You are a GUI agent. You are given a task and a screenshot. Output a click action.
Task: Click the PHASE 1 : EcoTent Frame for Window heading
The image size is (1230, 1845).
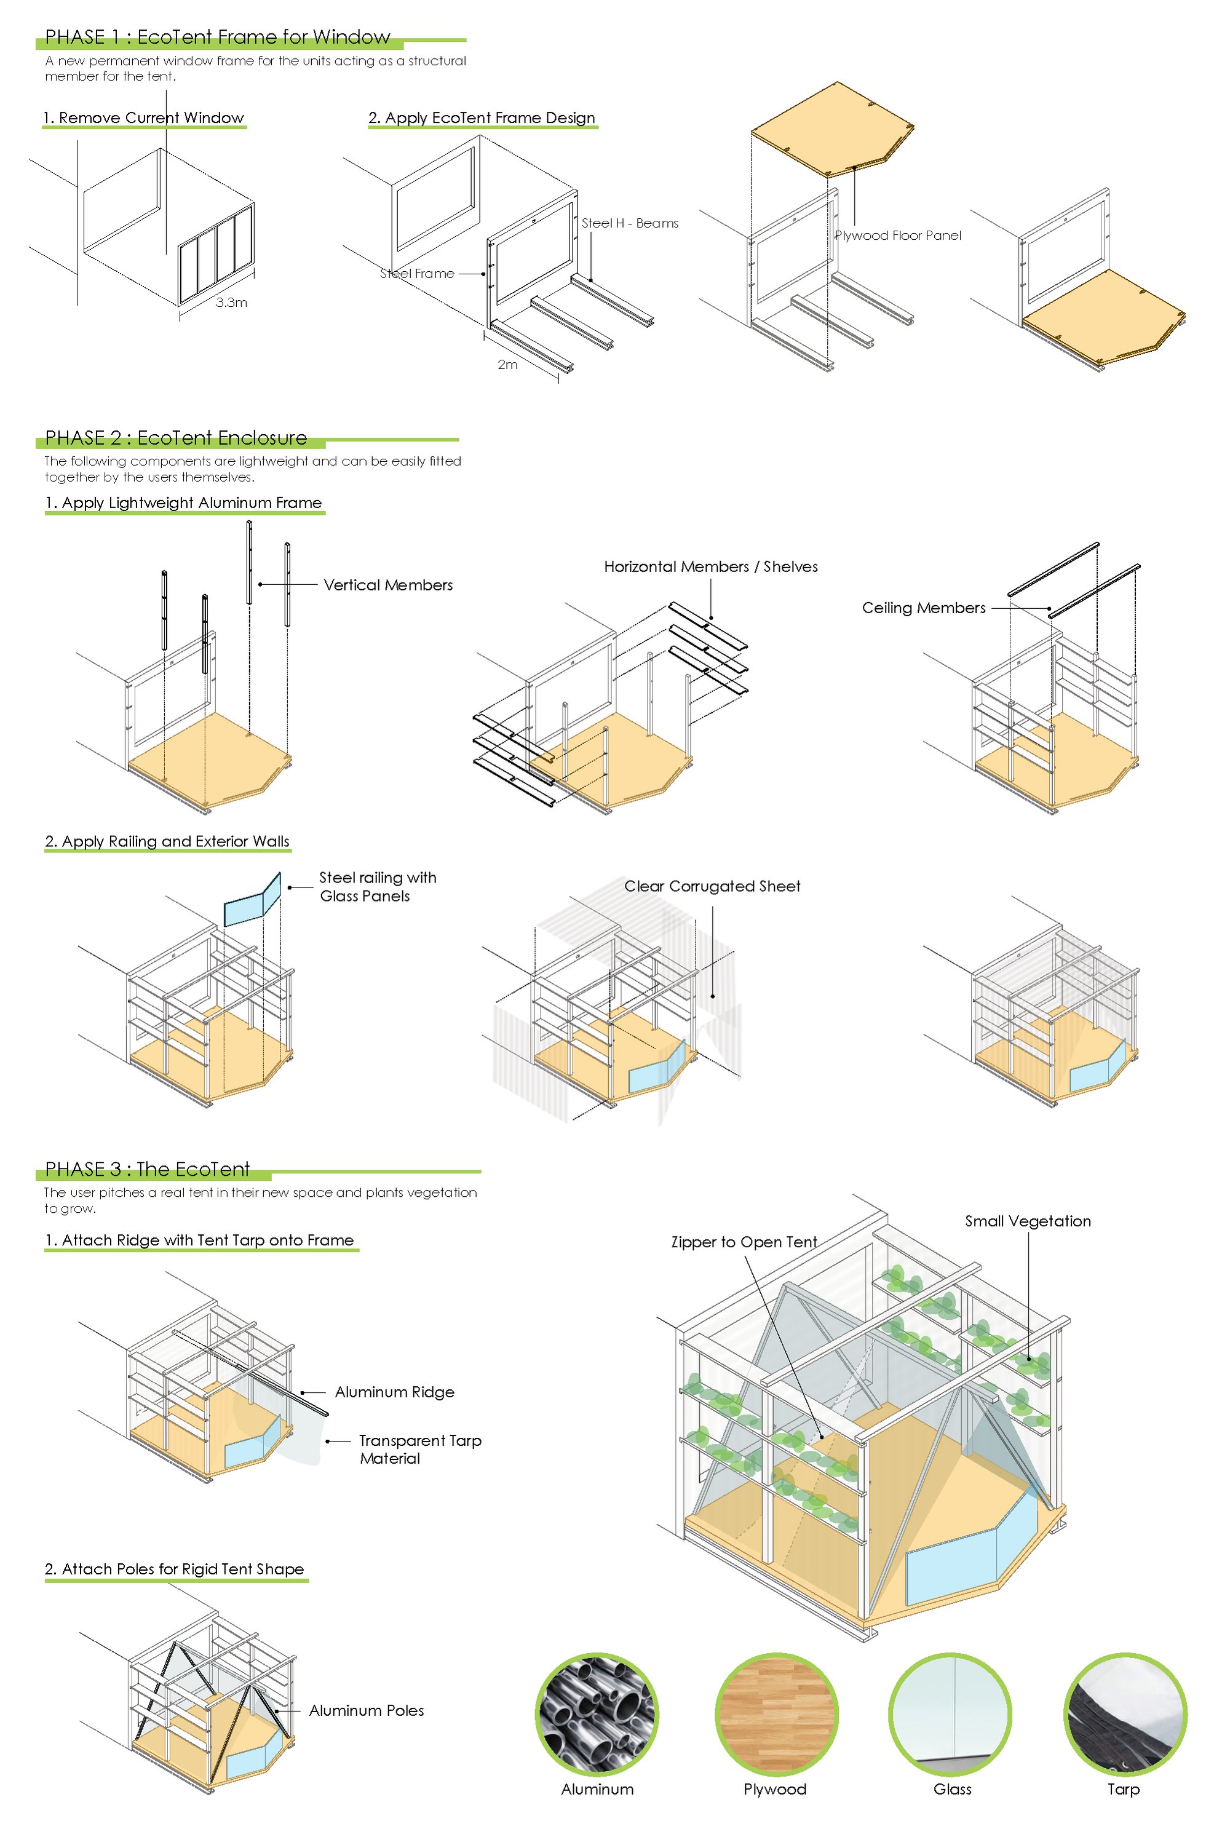pyautogui.click(x=217, y=37)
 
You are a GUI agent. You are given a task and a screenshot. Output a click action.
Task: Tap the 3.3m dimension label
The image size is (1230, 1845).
pyautogui.click(x=231, y=302)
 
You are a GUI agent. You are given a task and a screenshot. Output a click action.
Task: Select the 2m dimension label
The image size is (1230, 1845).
pyautogui.click(x=507, y=364)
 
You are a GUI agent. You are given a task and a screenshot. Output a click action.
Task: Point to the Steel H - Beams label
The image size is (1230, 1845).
pyautogui.click(x=630, y=223)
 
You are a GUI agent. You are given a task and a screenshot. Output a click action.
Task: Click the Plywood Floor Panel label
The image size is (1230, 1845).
pyautogui.click(x=897, y=236)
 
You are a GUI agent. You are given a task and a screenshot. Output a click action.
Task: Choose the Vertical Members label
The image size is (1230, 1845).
pyautogui.click(x=387, y=585)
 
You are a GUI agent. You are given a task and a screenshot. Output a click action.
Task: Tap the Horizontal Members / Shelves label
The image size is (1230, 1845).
pyautogui.click(x=711, y=566)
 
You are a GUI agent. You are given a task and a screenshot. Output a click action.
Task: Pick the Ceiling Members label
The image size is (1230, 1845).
pyautogui.click(x=923, y=608)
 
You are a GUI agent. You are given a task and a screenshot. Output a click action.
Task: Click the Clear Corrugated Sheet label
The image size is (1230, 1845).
pyautogui.click(x=712, y=886)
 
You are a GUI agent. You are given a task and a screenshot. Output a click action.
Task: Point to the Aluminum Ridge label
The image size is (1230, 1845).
pyautogui.click(x=395, y=1392)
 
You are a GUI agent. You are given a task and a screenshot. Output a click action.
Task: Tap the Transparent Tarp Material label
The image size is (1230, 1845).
pyautogui.click(x=419, y=1449)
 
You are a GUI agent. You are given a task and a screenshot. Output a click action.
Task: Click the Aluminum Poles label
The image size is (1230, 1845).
pyautogui.click(x=367, y=1710)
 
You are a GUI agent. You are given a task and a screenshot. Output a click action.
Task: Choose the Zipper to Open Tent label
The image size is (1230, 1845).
pyautogui.click(x=744, y=1242)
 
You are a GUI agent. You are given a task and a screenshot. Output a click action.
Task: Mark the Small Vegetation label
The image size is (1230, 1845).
pyautogui.click(x=1028, y=1221)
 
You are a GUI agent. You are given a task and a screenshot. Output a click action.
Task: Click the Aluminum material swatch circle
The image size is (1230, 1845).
pyautogui.click(x=597, y=1714)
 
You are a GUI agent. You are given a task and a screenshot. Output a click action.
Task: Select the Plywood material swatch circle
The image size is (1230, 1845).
pyautogui.click(x=776, y=1714)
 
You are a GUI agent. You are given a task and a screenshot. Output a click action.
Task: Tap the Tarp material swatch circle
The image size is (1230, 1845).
pyautogui.click(x=1124, y=1714)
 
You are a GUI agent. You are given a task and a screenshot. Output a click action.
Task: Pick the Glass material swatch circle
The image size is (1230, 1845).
pyautogui.click(x=950, y=1714)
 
